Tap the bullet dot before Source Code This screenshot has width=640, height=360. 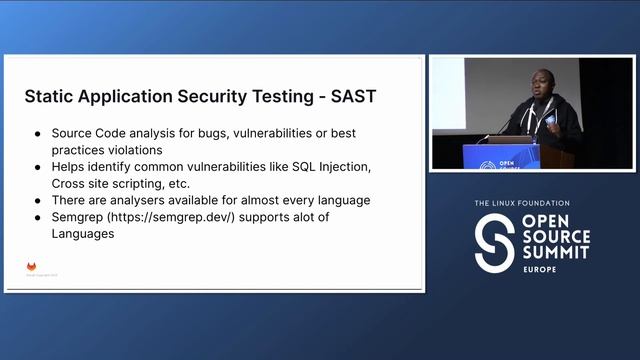[x=37, y=132]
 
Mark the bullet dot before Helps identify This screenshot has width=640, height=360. [x=37, y=166]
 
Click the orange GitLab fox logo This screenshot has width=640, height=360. [x=32, y=267]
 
